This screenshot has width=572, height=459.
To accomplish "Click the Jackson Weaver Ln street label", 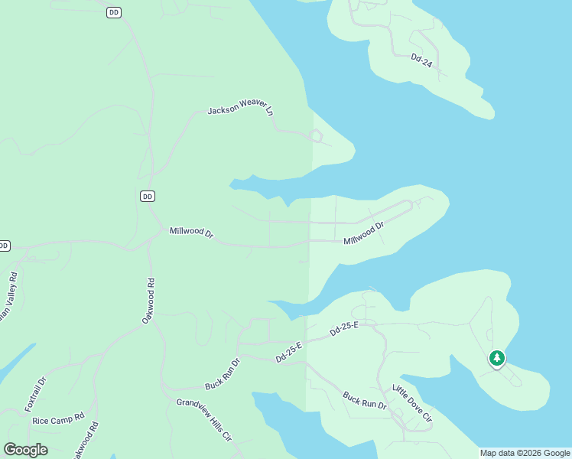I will pyautogui.click(x=240, y=109).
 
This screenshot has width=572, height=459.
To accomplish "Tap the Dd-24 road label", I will pyautogui.click(x=421, y=61).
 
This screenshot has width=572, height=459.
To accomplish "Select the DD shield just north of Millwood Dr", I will pyautogui.click(x=148, y=197).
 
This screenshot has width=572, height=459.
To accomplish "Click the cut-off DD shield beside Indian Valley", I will pyautogui.click(x=4, y=246).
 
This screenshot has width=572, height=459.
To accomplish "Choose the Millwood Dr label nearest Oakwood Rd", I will pyautogui.click(x=191, y=232).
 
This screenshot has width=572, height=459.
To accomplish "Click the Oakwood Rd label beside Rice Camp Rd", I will pyautogui.click(x=86, y=440).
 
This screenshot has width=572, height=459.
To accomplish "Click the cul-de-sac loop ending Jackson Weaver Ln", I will pyautogui.click(x=315, y=137).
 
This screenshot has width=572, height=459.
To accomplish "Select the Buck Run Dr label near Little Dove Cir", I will pyautogui.click(x=362, y=403).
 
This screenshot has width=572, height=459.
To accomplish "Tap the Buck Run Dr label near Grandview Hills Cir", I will pyautogui.click(x=223, y=375).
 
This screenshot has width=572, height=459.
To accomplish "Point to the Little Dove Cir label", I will pyautogui.click(x=412, y=403).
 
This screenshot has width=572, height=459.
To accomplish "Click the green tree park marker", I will pyautogui.click(x=497, y=358).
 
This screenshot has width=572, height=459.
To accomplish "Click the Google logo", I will pyautogui.click(x=26, y=450).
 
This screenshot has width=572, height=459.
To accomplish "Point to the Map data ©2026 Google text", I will pyautogui.click(x=525, y=453).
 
